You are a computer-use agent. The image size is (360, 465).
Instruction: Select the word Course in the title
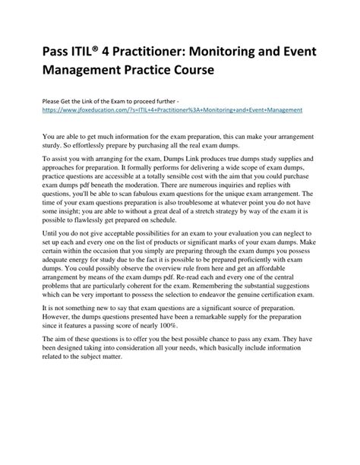point(191,71)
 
